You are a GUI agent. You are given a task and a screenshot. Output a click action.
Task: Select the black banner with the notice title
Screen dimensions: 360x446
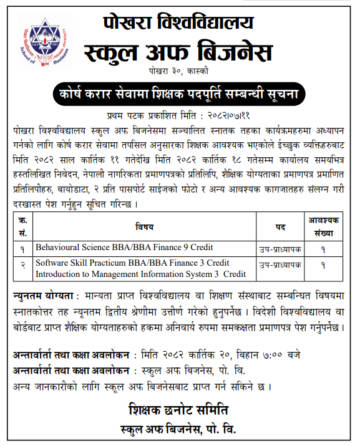(179, 95)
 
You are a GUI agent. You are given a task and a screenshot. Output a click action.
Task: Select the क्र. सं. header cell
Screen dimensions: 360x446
(22, 226)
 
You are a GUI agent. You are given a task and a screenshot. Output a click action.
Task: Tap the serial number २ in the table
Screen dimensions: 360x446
(22, 265)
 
